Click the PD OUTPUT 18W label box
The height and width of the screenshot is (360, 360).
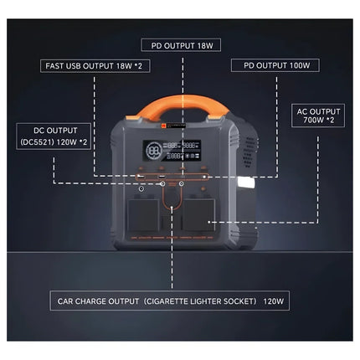click(x=181, y=45)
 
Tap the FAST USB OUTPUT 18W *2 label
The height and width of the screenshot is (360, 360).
click(x=95, y=66)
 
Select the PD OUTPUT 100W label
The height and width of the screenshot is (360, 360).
click(x=275, y=65)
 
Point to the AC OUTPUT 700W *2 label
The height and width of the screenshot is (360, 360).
click(x=318, y=116)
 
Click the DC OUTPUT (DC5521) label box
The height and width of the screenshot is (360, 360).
click(x=54, y=136)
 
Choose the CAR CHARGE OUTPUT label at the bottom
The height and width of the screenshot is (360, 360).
click(x=170, y=301)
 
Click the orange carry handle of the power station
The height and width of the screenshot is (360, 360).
click(x=182, y=105)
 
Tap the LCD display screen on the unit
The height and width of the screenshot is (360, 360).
click(x=172, y=151)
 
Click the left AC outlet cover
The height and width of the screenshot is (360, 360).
click(x=143, y=215)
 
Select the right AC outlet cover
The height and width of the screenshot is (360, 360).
click(x=199, y=215)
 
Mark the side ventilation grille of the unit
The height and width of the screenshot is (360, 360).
click(x=249, y=152)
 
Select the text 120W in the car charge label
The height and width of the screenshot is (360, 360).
click(x=274, y=301)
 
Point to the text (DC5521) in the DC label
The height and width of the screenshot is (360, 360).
click(x=37, y=142)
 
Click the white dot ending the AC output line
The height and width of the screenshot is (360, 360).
click(x=208, y=222)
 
